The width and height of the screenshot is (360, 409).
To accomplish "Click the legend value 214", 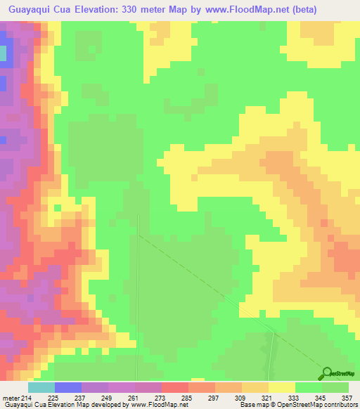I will pos(27,379).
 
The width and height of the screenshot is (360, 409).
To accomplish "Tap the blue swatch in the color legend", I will pos(67,387).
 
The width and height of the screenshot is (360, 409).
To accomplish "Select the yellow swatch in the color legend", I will pos(281,387).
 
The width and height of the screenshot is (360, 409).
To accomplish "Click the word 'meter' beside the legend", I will pos(10,379).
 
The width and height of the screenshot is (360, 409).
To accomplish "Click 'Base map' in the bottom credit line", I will pos(250,404).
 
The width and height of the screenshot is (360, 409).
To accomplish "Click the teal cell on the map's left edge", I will pos(3,53).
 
